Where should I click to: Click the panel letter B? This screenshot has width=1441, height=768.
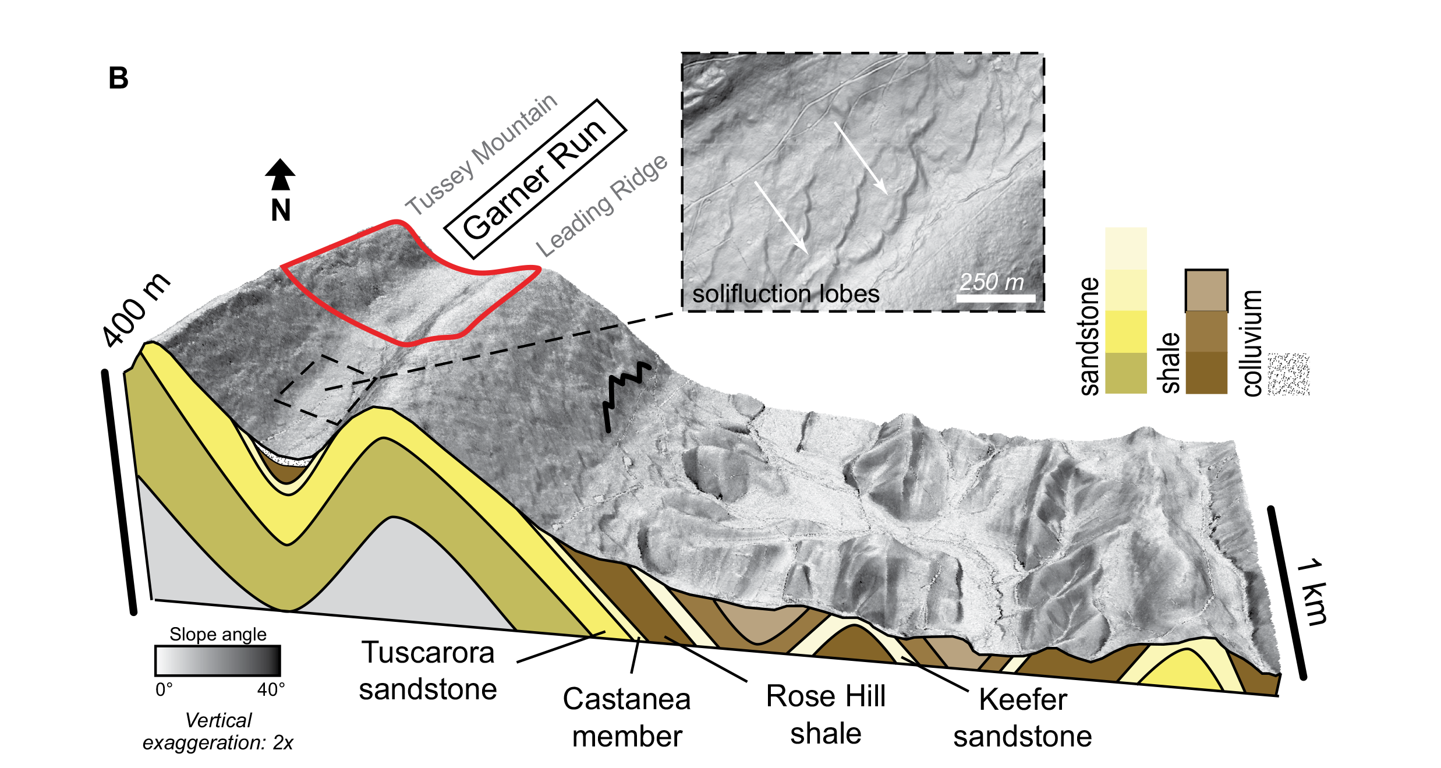[x=118, y=78]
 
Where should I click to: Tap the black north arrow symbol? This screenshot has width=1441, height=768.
[x=280, y=174]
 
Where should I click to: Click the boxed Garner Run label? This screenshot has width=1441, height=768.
[x=535, y=179]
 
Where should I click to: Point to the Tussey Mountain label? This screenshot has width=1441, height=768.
[x=481, y=154]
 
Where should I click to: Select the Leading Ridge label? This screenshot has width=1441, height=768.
[x=601, y=206]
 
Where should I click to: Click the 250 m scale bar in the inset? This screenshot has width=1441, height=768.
[x=996, y=298]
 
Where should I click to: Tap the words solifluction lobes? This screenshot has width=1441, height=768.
[x=785, y=293]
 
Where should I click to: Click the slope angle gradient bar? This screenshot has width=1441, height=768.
[x=218, y=660]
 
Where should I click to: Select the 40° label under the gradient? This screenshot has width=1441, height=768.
[x=271, y=689]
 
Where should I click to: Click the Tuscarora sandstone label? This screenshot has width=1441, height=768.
[x=428, y=671]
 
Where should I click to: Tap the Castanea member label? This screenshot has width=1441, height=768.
[x=626, y=717]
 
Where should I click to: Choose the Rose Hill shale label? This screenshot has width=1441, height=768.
[x=826, y=714]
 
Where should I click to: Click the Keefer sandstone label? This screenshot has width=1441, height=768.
[x=1022, y=717]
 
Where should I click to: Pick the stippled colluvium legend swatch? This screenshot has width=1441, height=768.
[x=1288, y=374]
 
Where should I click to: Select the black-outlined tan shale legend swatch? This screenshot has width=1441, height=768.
[x=1206, y=291]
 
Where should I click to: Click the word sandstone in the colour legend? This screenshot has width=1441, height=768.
[x=1089, y=336]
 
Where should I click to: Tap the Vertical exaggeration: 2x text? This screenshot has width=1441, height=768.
[x=218, y=731]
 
